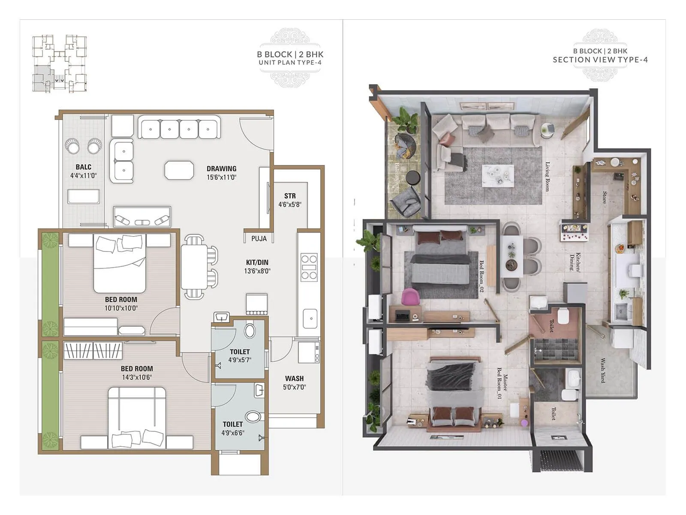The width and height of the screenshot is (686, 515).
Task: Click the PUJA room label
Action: (x=259, y=239)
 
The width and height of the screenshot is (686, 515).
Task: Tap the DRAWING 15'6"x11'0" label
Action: (x=221, y=173)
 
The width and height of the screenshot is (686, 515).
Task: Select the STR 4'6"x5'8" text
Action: (x=290, y=200)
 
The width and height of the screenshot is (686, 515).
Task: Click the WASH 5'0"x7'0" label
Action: (x=294, y=382)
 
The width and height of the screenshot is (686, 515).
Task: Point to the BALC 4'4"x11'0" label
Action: (x=84, y=171)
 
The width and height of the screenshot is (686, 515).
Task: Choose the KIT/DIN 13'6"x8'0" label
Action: (x=257, y=267)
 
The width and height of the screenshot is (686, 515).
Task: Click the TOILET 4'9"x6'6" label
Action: (x=233, y=428)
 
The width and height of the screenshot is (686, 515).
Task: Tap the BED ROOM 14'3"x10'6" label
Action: (x=136, y=373)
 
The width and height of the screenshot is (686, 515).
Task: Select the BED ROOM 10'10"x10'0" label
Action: (x=121, y=303)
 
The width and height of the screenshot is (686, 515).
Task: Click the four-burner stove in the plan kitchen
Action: (x=309, y=267)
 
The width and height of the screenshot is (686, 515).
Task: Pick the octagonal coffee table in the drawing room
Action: (x=179, y=170)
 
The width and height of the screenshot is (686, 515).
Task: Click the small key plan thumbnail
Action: (x=60, y=63)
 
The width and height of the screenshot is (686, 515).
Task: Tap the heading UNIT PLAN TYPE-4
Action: (x=290, y=63)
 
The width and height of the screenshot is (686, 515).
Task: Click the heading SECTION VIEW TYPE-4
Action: (x=600, y=60)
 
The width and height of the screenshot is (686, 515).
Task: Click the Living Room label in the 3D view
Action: (x=547, y=176)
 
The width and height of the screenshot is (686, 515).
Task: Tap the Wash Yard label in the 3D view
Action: (x=602, y=370)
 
